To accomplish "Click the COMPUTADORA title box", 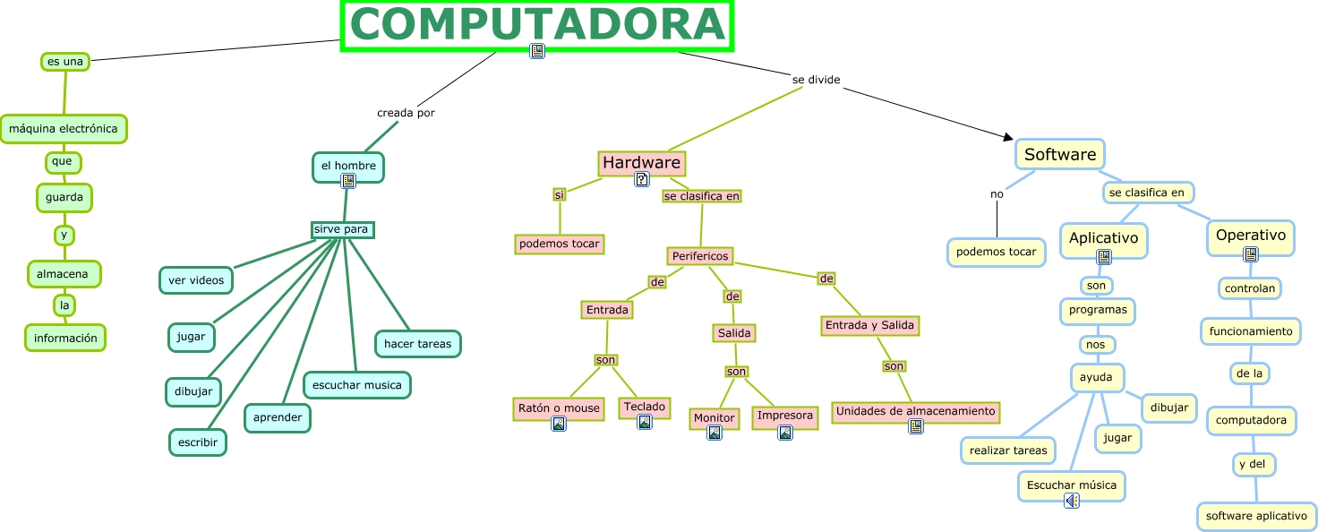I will tap(537, 25).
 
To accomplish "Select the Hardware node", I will tap(641, 163).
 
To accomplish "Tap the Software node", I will tap(1060, 154).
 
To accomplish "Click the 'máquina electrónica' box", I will tap(63, 129).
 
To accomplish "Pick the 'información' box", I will tap(65, 338).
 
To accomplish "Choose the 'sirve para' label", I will tap(342, 229).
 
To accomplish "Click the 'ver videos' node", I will tap(196, 280).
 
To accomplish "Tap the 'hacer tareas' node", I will tap(418, 343).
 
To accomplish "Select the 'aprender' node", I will tap(278, 417).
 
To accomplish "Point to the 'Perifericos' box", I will tap(700, 256).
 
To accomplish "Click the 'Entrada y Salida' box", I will tap(869, 325).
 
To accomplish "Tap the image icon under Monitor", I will tap(715, 433).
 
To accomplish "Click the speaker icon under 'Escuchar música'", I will tap(1071, 501).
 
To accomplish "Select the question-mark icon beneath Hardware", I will tap(641, 179).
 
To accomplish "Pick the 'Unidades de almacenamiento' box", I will tap(915, 411).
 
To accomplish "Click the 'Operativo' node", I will tap(1251, 236).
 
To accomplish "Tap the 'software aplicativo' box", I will tap(1256, 516).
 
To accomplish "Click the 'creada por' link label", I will tap(406, 113).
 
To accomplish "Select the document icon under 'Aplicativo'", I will tap(1104, 257).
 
